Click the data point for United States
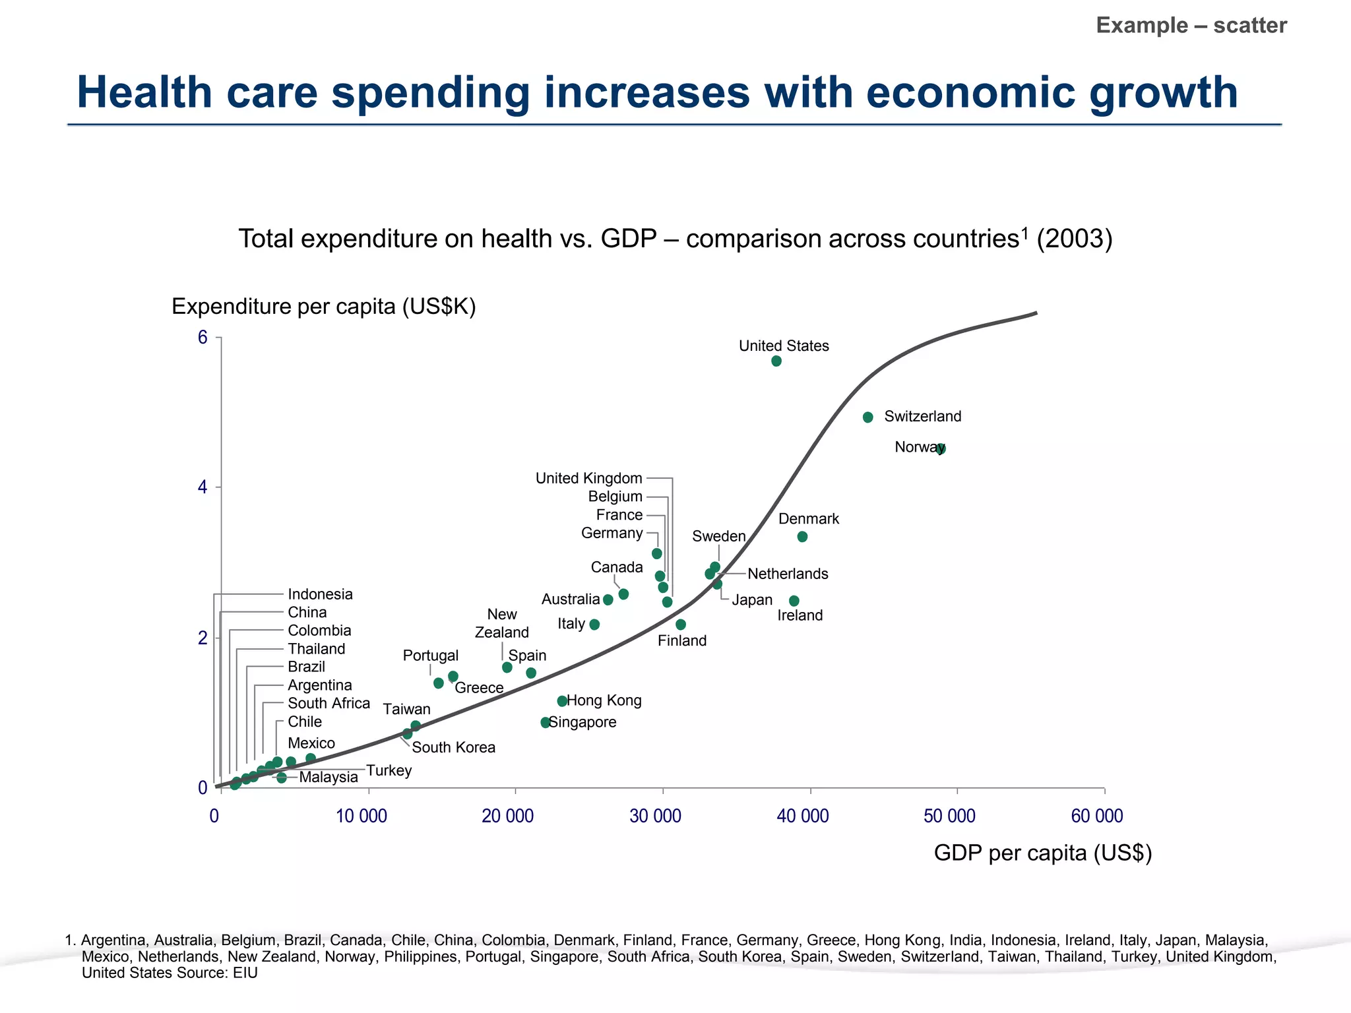(776, 361)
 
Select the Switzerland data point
(868, 417)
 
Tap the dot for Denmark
(802, 537)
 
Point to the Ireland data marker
(794, 601)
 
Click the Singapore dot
(546, 723)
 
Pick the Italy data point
(594, 625)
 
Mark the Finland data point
(681, 625)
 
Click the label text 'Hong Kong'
(604, 700)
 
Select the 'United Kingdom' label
(588, 478)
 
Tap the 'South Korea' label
(453, 747)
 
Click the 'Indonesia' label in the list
(320, 594)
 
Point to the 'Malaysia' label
(329, 777)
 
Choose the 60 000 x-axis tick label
(1096, 816)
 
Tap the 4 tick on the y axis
(203, 488)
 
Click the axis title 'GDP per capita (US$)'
(1042, 853)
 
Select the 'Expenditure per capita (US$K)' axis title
(323, 307)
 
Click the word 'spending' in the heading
(430, 92)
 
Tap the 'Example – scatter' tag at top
(1191, 26)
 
